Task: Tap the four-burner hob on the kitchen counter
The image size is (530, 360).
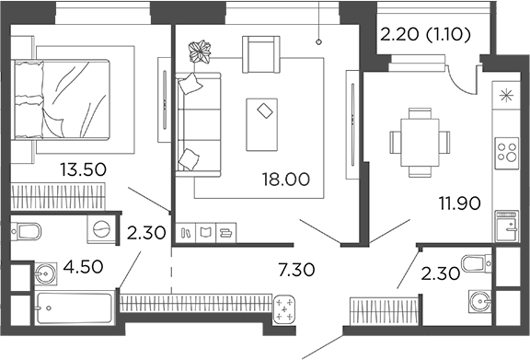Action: (506, 151)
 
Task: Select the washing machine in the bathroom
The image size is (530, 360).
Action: (101, 230)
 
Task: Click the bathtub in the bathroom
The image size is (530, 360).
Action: (74, 304)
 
